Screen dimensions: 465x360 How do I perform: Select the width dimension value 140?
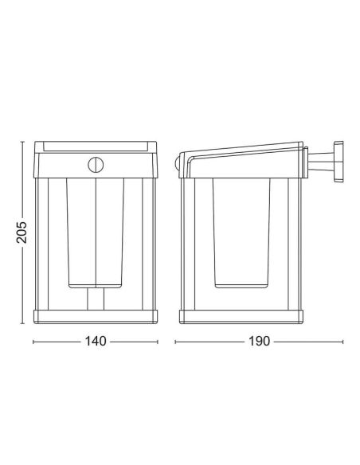(x=95, y=342)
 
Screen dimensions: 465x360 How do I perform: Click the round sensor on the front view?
(x=95, y=164)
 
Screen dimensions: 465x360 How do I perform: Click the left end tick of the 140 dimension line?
(x=34, y=342)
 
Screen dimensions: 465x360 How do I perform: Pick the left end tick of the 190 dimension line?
(x=176, y=342)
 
